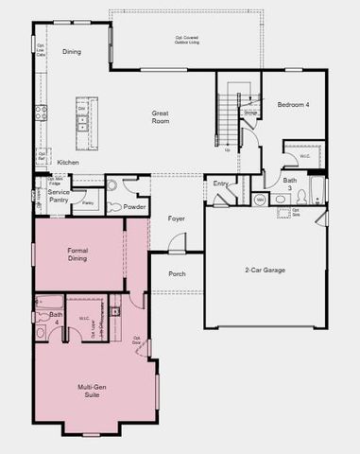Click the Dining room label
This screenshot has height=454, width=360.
point(72,52)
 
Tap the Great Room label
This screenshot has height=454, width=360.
point(161,118)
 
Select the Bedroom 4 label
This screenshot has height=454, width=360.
point(293,104)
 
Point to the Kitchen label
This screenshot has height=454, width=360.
point(68,163)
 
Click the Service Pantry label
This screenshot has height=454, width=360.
point(59,197)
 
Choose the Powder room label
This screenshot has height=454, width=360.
point(134,206)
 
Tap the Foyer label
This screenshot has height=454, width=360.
point(177,219)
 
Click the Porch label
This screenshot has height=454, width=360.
point(177,274)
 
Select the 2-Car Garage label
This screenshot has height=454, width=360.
point(266,271)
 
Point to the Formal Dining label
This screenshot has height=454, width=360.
point(77,254)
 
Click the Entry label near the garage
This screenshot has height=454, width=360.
point(221,183)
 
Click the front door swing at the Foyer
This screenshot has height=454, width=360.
point(177,244)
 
